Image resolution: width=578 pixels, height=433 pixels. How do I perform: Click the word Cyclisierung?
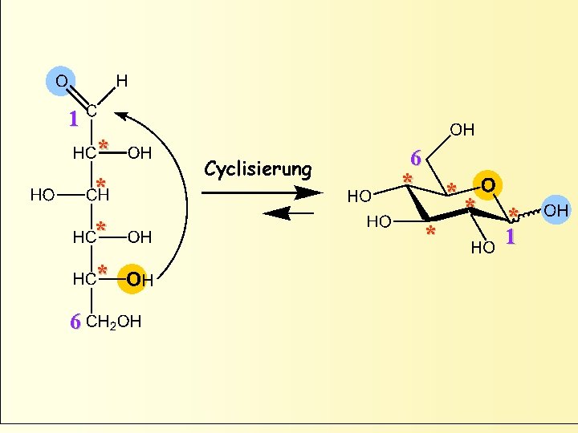pos(258,169)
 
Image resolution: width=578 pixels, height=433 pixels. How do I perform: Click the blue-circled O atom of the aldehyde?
pos(61,80)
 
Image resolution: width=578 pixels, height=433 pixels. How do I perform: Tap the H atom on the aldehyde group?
pos(121,80)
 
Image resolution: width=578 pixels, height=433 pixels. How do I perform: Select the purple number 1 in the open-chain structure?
pos(73,119)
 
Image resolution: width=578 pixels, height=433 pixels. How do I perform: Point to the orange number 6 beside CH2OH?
pos(75,322)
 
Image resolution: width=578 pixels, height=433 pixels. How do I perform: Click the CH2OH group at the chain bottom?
pos(113,322)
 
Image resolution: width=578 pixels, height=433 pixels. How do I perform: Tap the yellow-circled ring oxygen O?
pos(487,185)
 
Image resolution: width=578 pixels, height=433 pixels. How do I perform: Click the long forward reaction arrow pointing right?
pos(261,192)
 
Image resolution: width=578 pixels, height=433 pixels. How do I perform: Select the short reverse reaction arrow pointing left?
pos(289,212)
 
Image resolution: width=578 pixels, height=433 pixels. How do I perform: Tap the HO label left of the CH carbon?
pos(43,194)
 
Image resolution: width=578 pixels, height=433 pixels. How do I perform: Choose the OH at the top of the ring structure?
pos(462,129)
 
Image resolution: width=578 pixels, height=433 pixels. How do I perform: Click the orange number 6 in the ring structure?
pos(415,158)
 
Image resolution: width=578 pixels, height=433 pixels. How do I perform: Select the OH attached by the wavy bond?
pos(556,211)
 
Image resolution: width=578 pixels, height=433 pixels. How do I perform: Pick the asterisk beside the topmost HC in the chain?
pos(103,147)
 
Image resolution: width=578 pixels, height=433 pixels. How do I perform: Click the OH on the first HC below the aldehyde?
pos(140,152)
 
